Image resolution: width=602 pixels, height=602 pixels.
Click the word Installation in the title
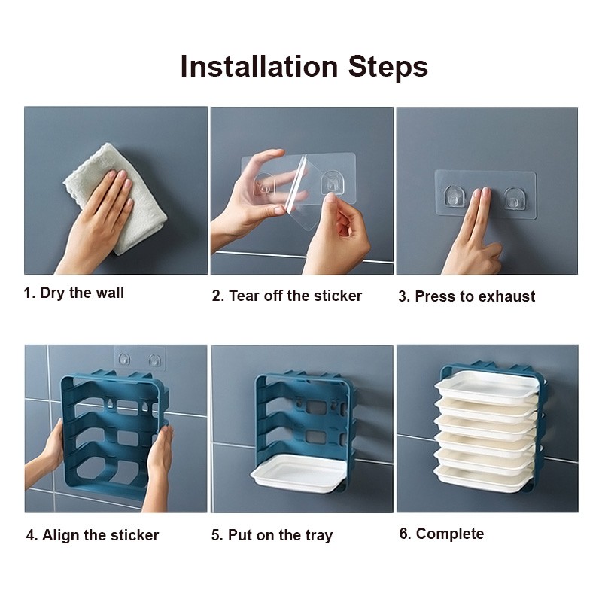pos(259,66)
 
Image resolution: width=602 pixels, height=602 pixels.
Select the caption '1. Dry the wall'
pos(74,293)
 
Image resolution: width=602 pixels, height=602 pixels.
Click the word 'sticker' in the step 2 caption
pos(338,296)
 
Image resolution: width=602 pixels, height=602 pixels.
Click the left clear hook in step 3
pos(453,197)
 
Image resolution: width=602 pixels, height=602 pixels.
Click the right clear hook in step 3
pos(513,199)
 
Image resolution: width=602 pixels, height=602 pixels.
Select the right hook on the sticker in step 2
pos(331,182)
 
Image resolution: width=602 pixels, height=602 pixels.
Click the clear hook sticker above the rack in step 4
pos(140,359)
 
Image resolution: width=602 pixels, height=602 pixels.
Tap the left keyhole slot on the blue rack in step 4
pos(111,404)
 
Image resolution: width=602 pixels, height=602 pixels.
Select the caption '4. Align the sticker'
pos(93,535)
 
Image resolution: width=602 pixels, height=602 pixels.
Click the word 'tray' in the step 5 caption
pos(319,536)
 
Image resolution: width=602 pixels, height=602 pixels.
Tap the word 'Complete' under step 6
pos(450,534)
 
